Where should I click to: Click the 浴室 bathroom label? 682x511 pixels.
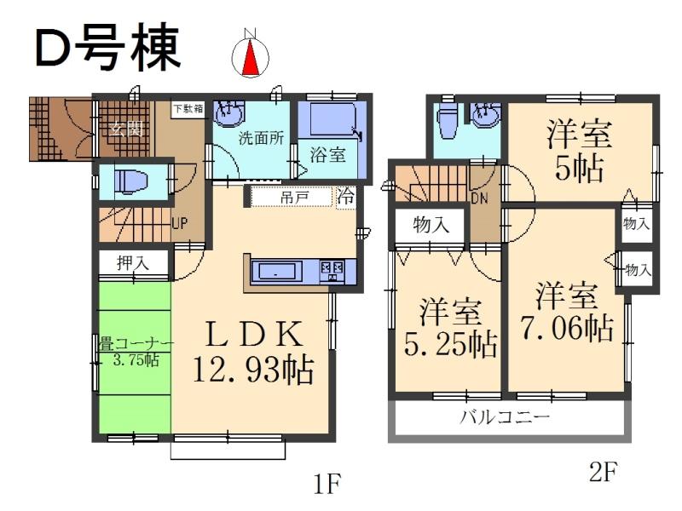click(x=327, y=155)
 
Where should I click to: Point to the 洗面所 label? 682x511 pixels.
click(x=255, y=136)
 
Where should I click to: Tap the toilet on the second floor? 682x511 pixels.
click(x=446, y=124)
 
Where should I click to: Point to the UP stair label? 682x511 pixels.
click(x=179, y=225)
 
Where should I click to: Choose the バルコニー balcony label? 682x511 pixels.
click(x=506, y=418)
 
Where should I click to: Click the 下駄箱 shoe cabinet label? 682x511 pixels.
click(x=188, y=108)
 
